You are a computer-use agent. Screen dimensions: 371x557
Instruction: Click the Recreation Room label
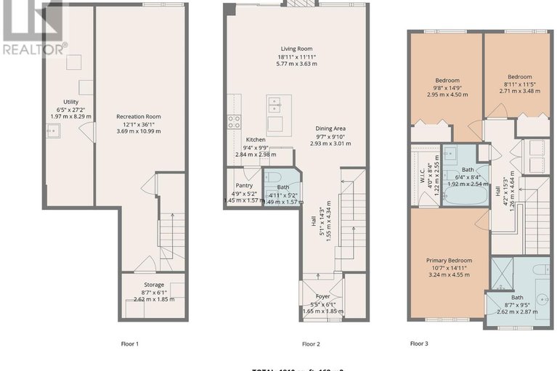pos(139,116)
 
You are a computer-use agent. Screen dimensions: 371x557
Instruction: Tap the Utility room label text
pos(70,102)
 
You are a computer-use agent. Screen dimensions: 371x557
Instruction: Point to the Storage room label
pos(153,285)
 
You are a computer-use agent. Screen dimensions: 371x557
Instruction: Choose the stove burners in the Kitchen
pos(235,122)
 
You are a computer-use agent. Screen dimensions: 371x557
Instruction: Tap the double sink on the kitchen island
pos(275,107)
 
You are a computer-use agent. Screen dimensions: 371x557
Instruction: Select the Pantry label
pos(243,185)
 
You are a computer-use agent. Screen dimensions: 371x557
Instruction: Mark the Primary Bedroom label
pos(453,260)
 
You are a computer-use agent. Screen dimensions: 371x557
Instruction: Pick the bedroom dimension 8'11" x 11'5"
pos(519,83)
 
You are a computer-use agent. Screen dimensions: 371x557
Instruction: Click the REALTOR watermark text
pos(34,49)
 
